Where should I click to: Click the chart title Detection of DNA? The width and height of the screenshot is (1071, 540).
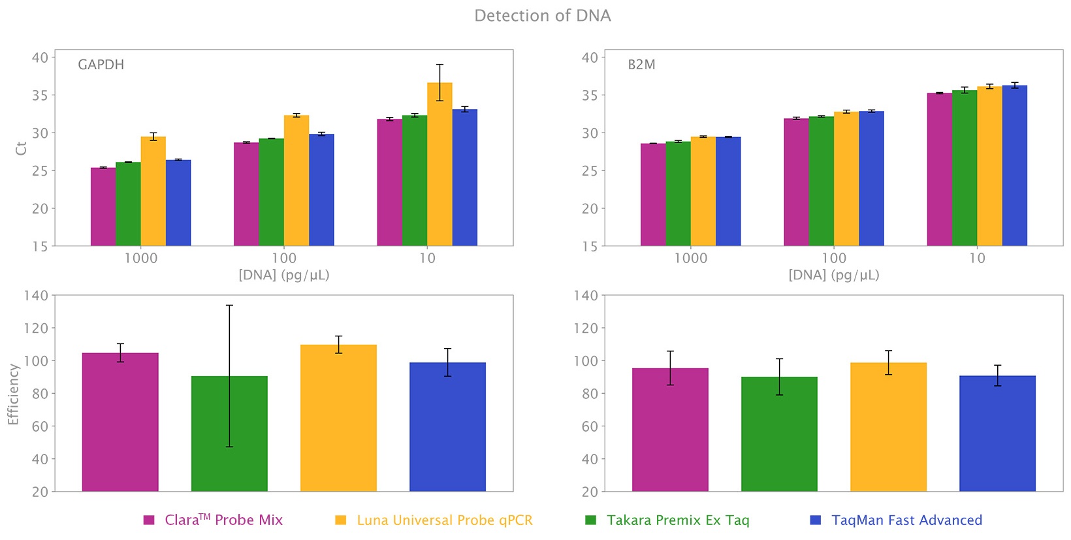coord(543,16)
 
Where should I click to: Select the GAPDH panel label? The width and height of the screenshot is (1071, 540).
coord(101,65)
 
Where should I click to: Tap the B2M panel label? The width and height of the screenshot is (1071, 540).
coord(641,65)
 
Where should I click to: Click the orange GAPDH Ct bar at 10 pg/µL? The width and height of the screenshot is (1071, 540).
coord(440,165)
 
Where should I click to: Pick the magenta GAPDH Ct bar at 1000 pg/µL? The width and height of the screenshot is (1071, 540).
coord(103,207)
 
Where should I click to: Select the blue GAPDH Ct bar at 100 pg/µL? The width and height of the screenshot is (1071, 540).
coord(322,190)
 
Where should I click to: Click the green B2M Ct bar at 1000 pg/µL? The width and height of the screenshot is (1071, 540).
coord(679,194)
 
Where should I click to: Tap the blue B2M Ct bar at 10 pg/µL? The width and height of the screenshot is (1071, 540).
coord(1015,166)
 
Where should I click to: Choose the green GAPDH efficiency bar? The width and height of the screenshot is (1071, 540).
coord(229,434)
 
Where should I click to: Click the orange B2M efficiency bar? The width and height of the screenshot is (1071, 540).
coord(888,427)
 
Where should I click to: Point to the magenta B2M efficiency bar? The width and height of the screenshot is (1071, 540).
coord(670,430)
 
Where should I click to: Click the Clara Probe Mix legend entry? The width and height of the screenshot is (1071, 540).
coord(213,520)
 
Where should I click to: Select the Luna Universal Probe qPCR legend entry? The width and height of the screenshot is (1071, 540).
coord(434,520)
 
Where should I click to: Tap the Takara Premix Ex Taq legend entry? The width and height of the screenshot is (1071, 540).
coord(667,520)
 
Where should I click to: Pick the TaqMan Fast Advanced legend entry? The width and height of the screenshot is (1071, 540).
coord(896,520)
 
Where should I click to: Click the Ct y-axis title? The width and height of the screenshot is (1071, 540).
coord(21,148)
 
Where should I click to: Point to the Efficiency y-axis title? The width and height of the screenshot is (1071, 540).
coord(13,395)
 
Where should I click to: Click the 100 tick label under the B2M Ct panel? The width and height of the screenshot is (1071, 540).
coord(834,259)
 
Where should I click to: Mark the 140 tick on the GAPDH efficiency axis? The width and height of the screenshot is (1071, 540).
coord(37,296)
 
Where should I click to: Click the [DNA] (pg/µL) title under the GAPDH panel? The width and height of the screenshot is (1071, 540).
coord(284,276)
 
